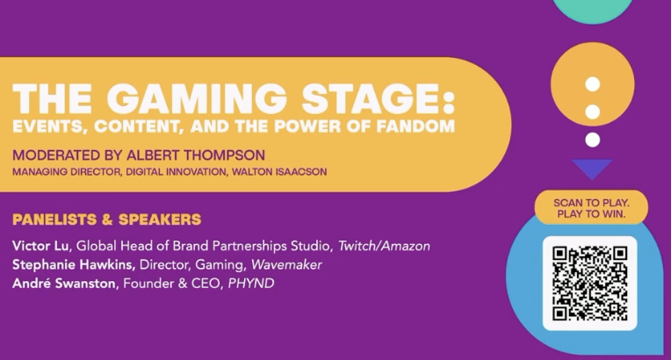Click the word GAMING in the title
[x=197, y=98]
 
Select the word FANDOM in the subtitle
[x=415, y=126]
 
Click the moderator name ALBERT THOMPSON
[x=191, y=155]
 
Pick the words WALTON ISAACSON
[x=279, y=172]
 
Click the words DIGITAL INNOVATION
[x=176, y=172]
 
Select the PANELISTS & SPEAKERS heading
[x=106, y=220]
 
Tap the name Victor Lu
[x=40, y=246]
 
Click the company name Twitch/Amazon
[x=384, y=246]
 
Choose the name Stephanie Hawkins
[x=73, y=264]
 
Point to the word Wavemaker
[x=286, y=264]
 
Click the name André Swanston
[x=64, y=283]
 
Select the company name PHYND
[x=251, y=284]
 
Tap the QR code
[x=589, y=284]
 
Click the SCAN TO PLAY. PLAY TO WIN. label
[x=591, y=208]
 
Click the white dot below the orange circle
[x=592, y=140]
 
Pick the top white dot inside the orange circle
[x=592, y=84]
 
